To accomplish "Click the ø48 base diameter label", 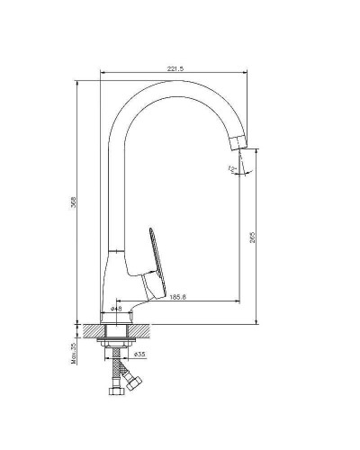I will [x=116, y=308].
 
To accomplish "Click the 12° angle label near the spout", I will [x=232, y=168].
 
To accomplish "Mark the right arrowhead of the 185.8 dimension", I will [x=238, y=300].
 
